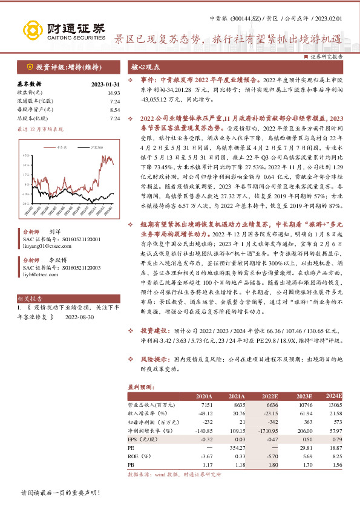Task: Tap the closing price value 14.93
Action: click(x=114, y=92)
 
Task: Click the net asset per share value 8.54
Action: click(x=114, y=110)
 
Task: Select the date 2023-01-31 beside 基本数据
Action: click(x=105, y=84)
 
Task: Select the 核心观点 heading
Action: click(x=146, y=67)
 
